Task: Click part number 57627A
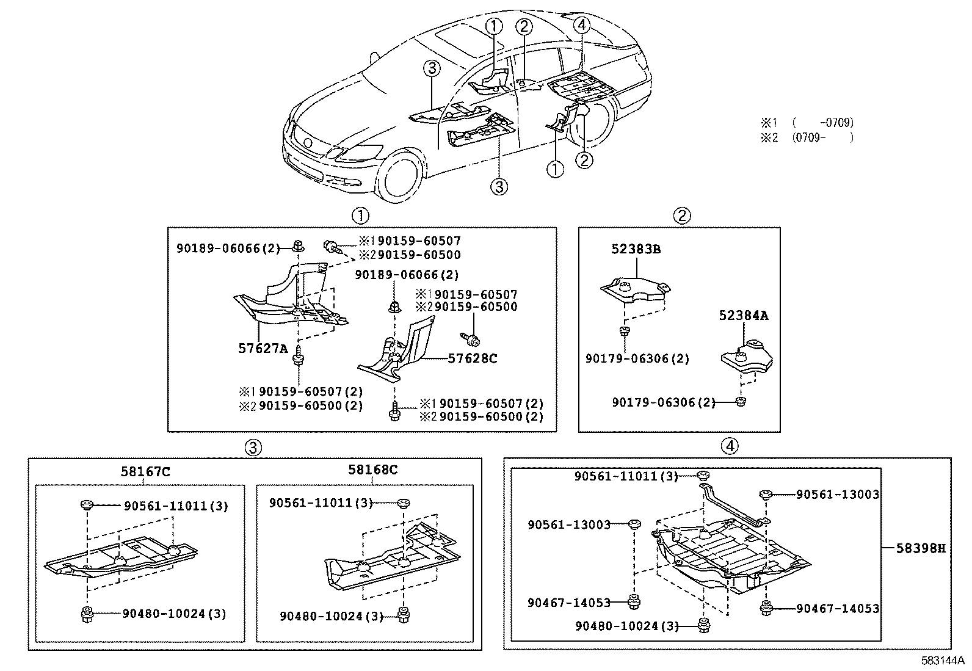(x=263, y=348)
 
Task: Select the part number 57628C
(x=473, y=358)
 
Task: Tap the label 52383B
(x=636, y=249)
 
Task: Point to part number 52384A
(x=744, y=316)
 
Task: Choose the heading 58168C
(x=373, y=470)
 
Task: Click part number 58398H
(x=921, y=548)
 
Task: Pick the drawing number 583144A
(x=943, y=661)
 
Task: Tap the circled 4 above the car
(x=582, y=25)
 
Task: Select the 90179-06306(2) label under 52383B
(x=637, y=358)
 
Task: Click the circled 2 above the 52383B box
(x=682, y=216)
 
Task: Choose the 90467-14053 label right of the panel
(x=838, y=608)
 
